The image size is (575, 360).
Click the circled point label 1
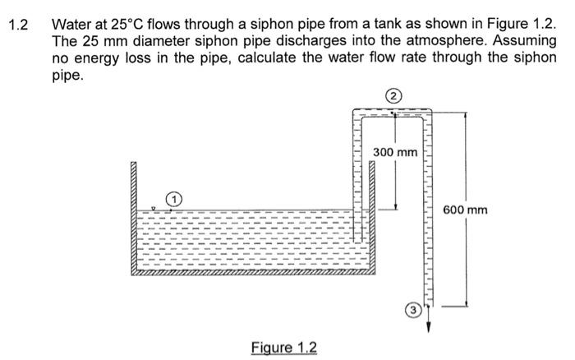click(x=173, y=199)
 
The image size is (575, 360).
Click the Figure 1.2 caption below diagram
click(x=283, y=346)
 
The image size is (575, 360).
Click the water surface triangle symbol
click(x=154, y=209)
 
